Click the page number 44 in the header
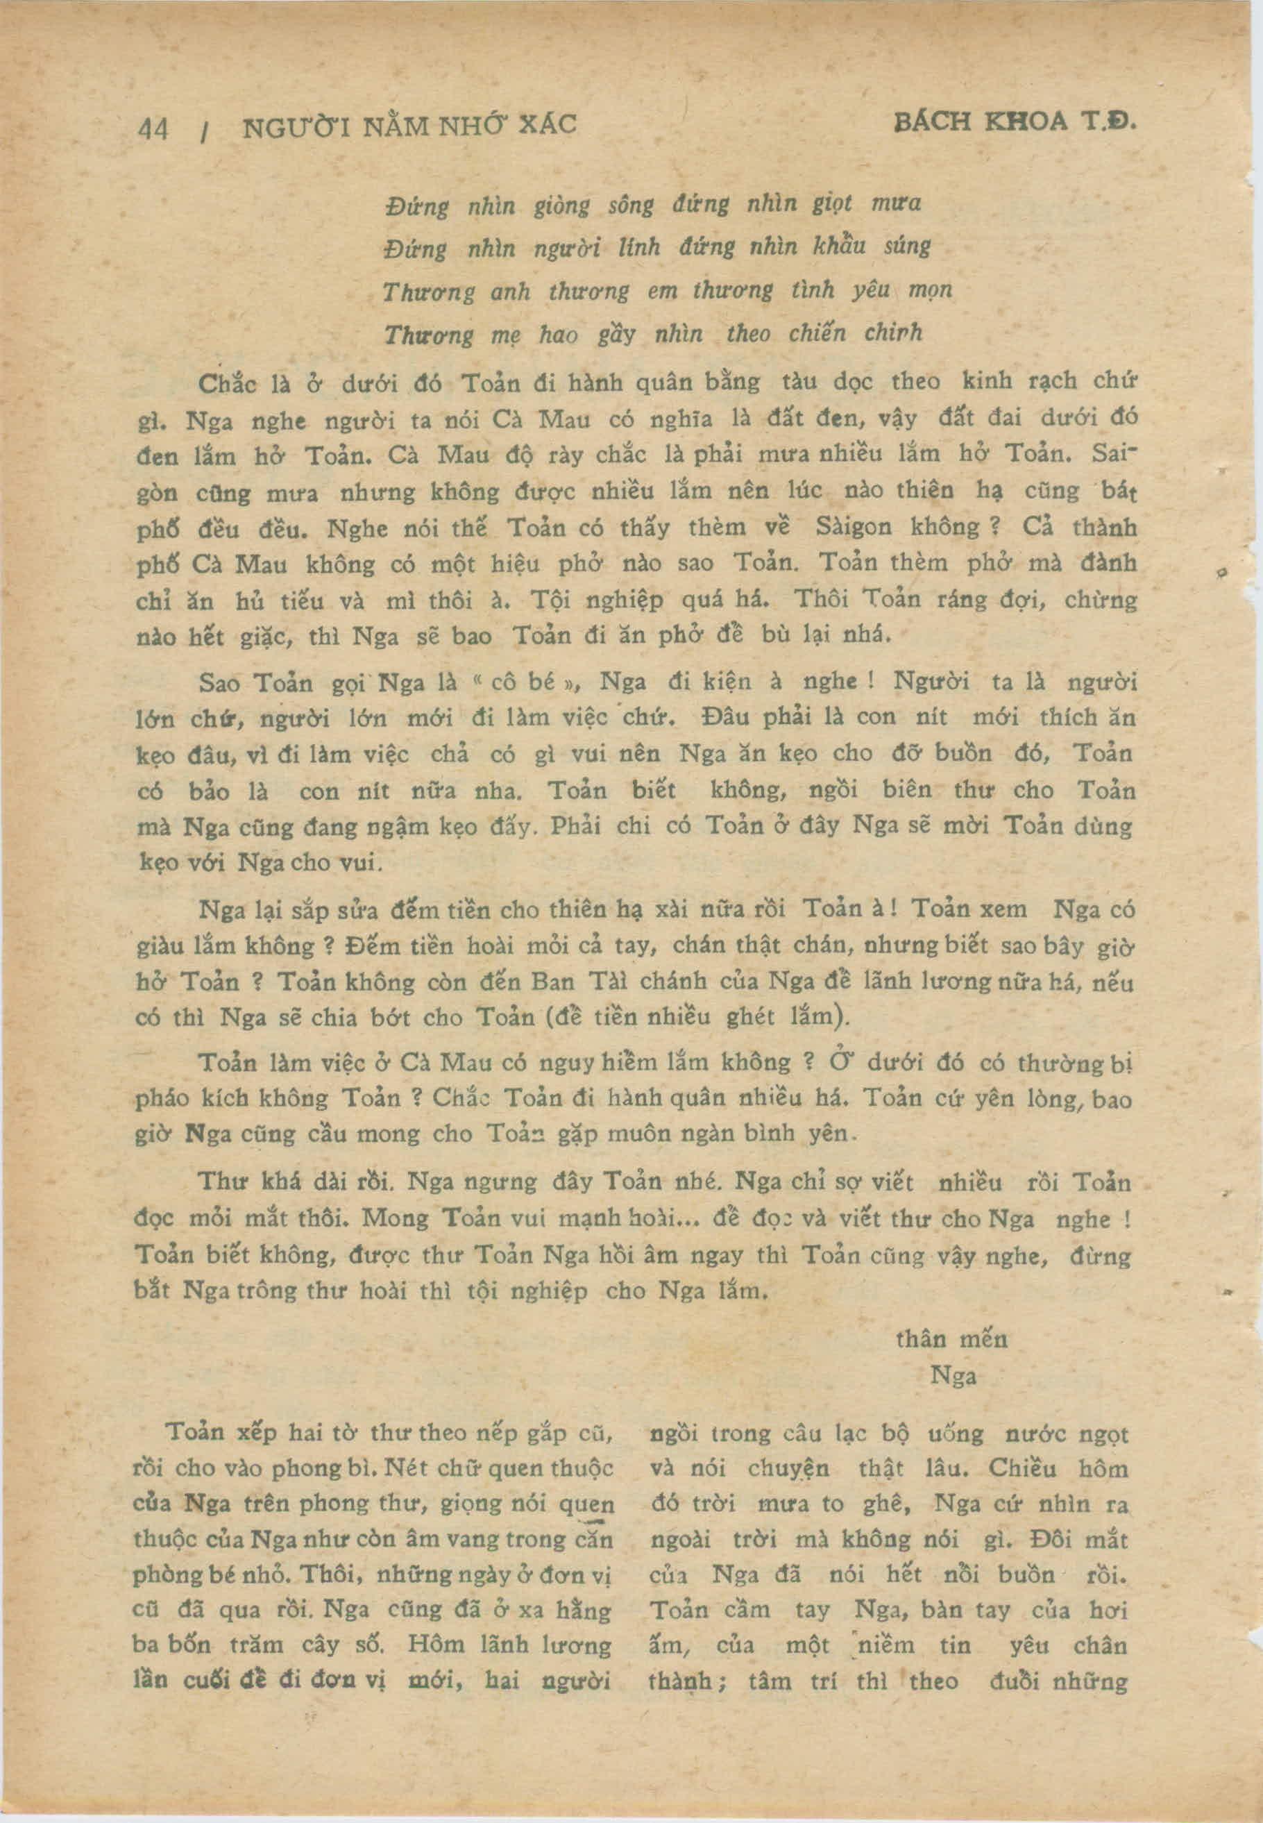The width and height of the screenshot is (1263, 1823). click(153, 128)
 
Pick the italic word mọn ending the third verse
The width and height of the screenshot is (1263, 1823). click(932, 292)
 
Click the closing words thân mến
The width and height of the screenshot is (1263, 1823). click(951, 1339)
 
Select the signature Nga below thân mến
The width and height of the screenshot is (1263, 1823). click(953, 1376)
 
